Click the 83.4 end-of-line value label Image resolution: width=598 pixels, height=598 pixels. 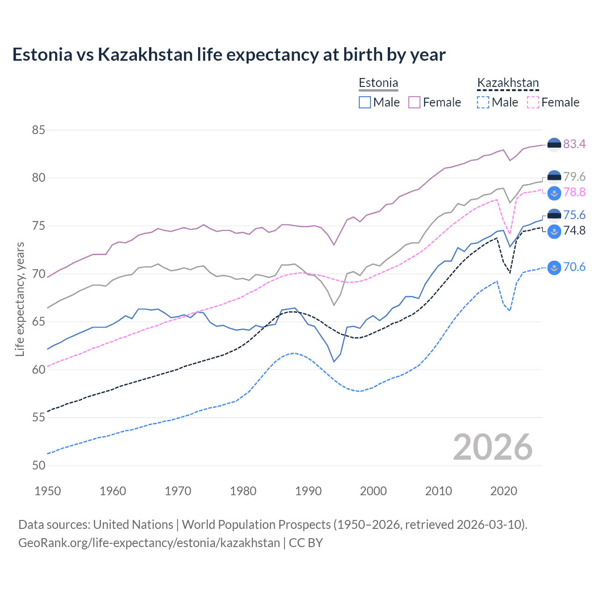pos(574,144)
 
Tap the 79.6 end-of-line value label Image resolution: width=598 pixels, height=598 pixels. pos(574,177)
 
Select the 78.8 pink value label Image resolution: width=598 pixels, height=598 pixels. pos(574,192)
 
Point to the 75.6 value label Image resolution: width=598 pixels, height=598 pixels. pos(574,215)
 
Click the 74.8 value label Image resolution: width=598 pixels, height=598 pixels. pos(574,231)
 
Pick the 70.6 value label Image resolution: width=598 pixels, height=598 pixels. pos(574,267)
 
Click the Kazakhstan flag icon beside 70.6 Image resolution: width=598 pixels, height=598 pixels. pos(554,267)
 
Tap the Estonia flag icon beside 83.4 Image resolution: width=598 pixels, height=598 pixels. pos(554,145)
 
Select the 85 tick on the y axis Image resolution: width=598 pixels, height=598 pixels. pos(38,130)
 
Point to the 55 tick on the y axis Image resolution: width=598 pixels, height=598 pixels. pos(38,418)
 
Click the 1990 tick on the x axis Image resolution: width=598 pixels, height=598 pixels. pos(308,491)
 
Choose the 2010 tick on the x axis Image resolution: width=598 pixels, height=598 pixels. pos(438,491)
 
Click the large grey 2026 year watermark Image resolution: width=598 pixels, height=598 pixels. pos(492,448)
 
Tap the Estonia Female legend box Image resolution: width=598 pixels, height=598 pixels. pos(414,102)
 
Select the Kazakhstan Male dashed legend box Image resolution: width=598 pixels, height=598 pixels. pos(483,102)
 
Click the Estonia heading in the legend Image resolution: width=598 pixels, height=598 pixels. pos(378,83)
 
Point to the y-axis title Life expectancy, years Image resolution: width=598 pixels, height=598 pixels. pos(20,299)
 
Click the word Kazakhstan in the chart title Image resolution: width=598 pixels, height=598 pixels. pos(145,55)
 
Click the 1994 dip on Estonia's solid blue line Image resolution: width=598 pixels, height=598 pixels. pos(334,362)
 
